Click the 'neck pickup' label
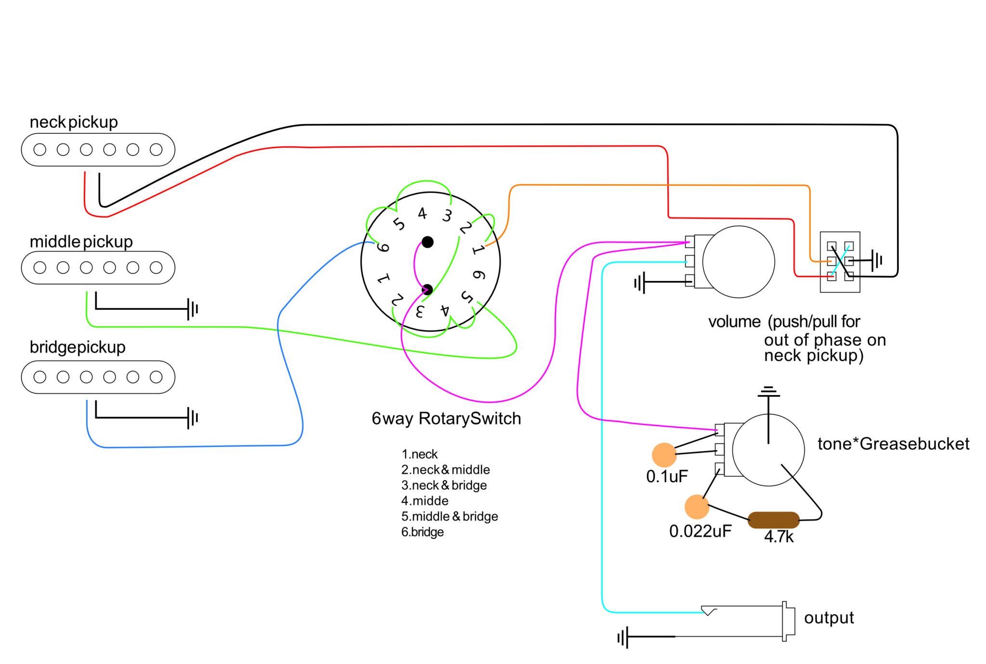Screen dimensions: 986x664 pyautogui.click(x=74, y=122)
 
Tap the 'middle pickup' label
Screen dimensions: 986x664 pyautogui.click(x=81, y=242)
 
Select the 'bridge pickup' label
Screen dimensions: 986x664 pyautogui.click(x=78, y=347)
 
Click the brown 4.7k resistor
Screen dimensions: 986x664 pyautogui.click(x=773, y=520)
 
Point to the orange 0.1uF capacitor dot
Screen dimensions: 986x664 pyautogui.click(x=664, y=455)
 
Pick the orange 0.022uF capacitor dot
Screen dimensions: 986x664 pyautogui.click(x=697, y=507)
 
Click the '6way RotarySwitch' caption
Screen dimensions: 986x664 pyautogui.click(x=446, y=419)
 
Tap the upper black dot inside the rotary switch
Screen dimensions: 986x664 pyautogui.click(x=428, y=242)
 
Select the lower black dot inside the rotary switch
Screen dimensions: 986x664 pyautogui.click(x=427, y=290)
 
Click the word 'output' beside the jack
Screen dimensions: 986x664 pyautogui.click(x=829, y=618)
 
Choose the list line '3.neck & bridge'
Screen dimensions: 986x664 pyautogui.click(x=444, y=485)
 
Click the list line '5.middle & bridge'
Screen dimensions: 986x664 pyautogui.click(x=450, y=516)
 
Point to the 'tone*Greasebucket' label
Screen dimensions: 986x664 pyautogui.click(x=894, y=444)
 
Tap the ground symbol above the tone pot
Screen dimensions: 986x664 pyautogui.click(x=768, y=392)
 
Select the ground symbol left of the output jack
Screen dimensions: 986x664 pyautogui.click(x=623, y=638)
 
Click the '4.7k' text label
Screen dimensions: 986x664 pyautogui.click(x=779, y=536)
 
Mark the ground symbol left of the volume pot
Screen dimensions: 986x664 pyautogui.click(x=640, y=282)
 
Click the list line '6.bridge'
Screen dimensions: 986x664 pyautogui.click(x=423, y=532)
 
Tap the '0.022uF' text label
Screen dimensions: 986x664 pyautogui.click(x=701, y=531)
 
